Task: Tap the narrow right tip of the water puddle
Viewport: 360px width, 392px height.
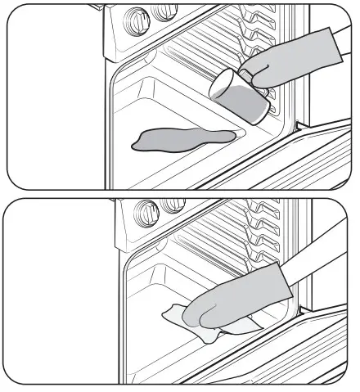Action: tap(232, 135)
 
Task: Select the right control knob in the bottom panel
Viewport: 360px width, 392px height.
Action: tap(173, 205)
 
